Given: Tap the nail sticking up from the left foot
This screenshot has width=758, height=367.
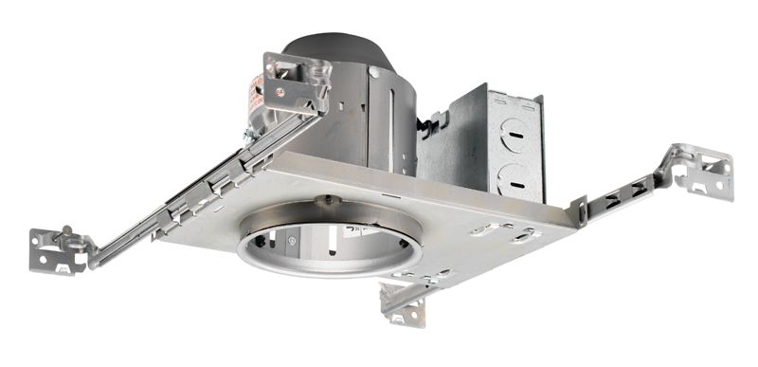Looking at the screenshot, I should [x=65, y=231].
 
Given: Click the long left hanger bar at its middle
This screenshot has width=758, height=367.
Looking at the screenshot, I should [x=180, y=204].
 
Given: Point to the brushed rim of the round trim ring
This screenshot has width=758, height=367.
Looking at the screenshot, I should [x=313, y=274].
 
